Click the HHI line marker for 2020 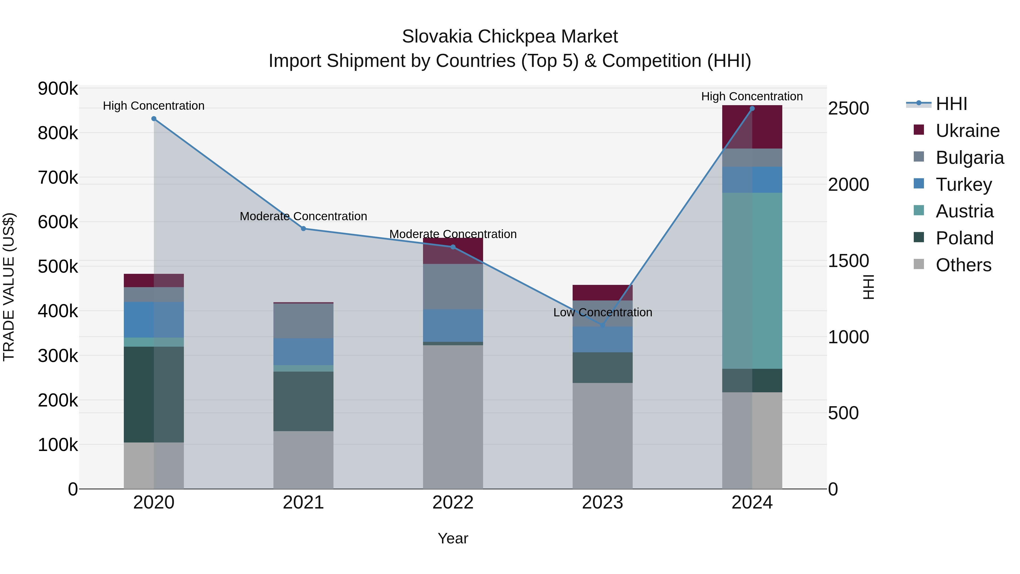click(154, 119)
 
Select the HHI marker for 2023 click(603, 325)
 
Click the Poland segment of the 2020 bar click(154, 394)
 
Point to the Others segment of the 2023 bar click(603, 436)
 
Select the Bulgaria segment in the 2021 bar click(303, 321)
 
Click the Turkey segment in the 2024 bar click(752, 180)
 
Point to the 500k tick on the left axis click(58, 267)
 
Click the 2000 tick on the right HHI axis click(848, 185)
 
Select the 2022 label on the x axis click(453, 503)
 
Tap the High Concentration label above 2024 click(752, 96)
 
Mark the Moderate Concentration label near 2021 click(303, 216)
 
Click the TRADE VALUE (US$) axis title click(9, 287)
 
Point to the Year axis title click(453, 538)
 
